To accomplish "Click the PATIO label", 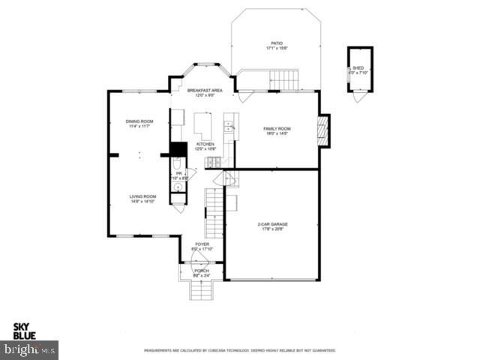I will point(277,43).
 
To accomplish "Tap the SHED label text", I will point(358,68).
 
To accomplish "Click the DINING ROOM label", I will point(139,121).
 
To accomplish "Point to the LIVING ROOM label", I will point(142,196).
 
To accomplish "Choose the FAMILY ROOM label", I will point(277,129).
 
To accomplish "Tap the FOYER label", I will point(202,244).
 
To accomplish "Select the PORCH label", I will point(202,271).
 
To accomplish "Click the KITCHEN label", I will point(205,144).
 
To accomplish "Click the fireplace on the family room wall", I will point(324,130).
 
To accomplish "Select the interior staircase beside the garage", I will point(214,209).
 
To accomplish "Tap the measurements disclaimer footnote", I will point(240,350).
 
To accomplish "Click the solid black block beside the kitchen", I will point(178,149).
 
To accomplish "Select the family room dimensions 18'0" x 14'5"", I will point(277,134).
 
